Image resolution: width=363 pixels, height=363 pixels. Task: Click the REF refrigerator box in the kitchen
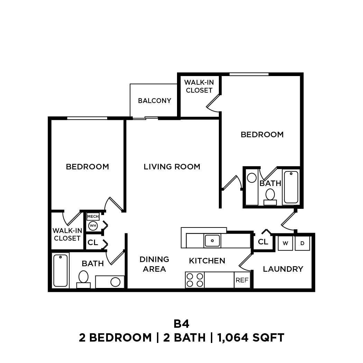[x=242, y=280]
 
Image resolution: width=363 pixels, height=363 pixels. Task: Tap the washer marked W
[x=285, y=243]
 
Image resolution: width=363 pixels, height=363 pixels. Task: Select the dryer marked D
[x=302, y=243]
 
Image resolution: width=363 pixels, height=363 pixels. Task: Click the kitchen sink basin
[x=212, y=241]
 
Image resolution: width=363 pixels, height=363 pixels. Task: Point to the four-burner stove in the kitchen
[x=195, y=280]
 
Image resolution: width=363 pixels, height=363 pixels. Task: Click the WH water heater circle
[x=93, y=226]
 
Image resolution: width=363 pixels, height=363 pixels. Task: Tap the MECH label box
[x=93, y=217]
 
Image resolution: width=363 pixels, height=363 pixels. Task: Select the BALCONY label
[x=155, y=101]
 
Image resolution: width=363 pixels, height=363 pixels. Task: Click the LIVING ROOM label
[x=172, y=167]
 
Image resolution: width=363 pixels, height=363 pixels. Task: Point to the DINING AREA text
[x=154, y=264]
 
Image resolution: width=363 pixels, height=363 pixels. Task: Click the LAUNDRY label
[x=283, y=269]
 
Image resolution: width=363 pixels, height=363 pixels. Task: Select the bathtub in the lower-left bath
[x=60, y=271]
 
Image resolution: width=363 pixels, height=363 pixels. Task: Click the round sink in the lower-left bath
[x=115, y=282]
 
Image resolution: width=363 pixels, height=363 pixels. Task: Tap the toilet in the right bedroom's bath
[x=270, y=196]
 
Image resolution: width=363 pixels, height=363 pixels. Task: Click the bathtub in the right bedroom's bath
[x=291, y=187]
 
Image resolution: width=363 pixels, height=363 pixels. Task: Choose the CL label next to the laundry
[x=263, y=242]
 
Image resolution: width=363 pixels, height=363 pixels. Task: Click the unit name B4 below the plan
[x=181, y=324]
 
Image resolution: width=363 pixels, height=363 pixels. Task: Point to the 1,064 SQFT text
[x=251, y=337]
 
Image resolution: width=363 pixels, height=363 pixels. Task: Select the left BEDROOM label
[x=87, y=167]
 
